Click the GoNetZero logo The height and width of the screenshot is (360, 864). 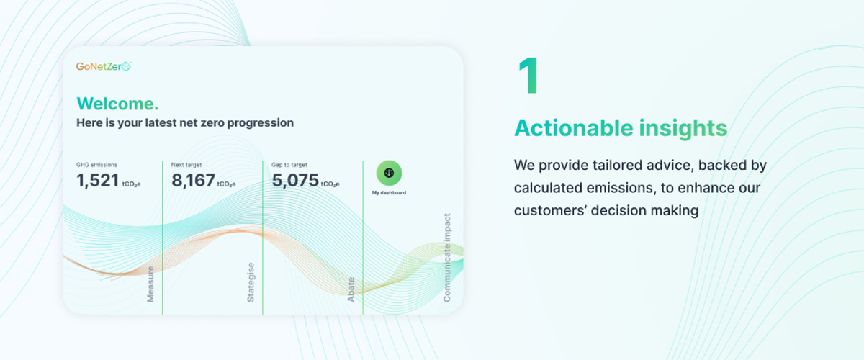pos(104,66)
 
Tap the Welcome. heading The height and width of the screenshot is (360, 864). pos(117,104)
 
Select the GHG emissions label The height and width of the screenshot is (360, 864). pos(96,165)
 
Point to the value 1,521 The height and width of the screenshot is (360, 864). pos(98,180)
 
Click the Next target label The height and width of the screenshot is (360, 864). pos(186,165)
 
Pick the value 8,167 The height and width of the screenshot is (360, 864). pos(193,180)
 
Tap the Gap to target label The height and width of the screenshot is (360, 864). pos(289,165)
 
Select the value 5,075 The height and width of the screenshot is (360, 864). pos(295,180)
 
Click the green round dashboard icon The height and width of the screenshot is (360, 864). pos(389,173)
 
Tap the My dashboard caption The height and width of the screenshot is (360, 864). pos(389,192)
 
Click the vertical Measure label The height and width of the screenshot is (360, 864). pos(150,284)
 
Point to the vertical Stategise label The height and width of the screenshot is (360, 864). pos(251,282)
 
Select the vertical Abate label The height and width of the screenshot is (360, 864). pos(351,289)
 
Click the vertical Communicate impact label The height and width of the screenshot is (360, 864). pos(447,257)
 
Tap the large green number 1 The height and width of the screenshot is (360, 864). pos(528,76)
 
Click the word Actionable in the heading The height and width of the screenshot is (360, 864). pos(574,127)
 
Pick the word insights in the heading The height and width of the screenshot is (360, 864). pos(683,127)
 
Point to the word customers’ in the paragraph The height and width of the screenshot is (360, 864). pos(549,211)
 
